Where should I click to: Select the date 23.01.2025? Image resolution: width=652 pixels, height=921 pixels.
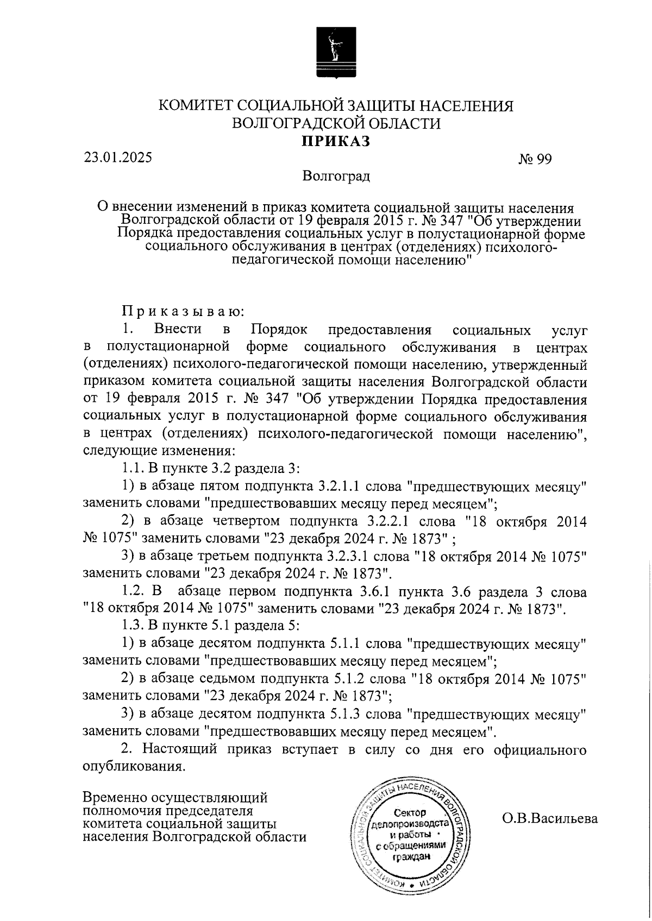pos(118,157)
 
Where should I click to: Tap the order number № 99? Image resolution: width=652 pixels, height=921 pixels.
pos(535,160)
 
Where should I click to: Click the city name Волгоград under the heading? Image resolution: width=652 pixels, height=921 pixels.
pos(337,176)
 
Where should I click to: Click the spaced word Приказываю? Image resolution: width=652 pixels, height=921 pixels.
pos(183,312)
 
